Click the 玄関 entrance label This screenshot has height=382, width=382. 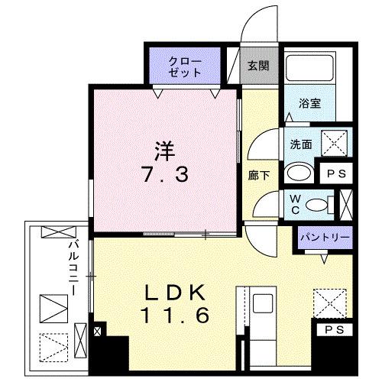[257, 66]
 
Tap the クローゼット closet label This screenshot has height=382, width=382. [186, 67]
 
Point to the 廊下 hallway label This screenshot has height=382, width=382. [258, 174]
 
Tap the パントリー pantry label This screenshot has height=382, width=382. [325, 237]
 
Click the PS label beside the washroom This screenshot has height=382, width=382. [335, 173]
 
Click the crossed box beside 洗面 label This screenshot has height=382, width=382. [335, 143]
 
